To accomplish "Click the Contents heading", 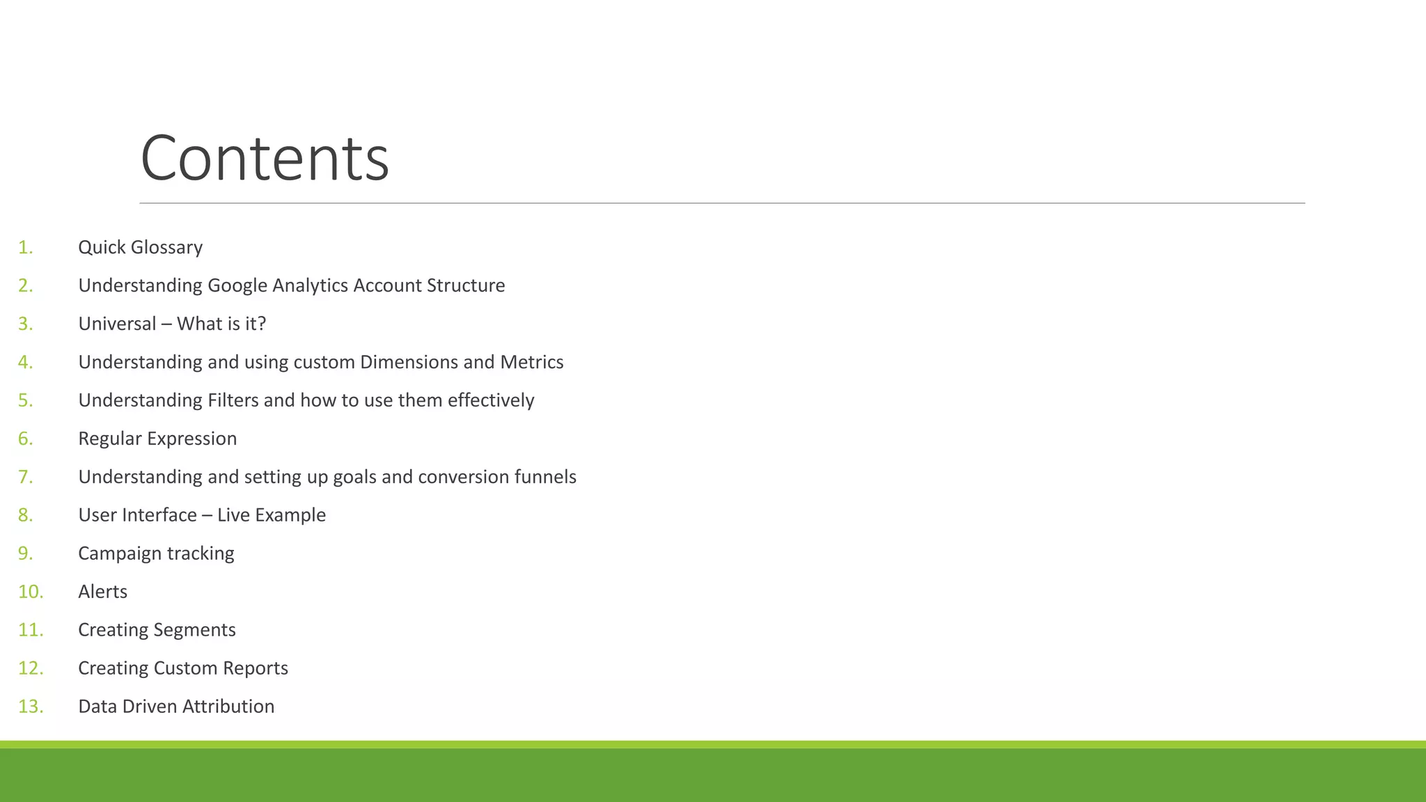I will (265, 159).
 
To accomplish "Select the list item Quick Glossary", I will (140, 247).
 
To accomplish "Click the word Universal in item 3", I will (117, 324).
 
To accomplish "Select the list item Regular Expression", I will (157, 439).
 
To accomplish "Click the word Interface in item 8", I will (162, 515).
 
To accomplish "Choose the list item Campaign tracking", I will (156, 553).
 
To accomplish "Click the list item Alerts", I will (102, 592).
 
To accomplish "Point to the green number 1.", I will (25, 247).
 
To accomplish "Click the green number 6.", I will (25, 439).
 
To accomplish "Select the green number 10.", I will (31, 592).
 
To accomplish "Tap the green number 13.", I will (31, 707).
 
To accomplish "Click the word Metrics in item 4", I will (532, 362).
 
